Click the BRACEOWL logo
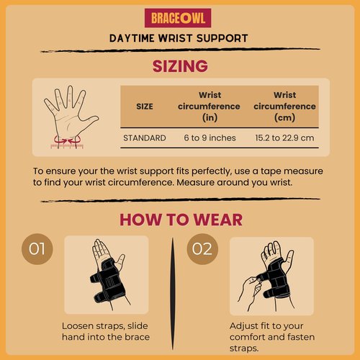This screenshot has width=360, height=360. click(x=178, y=18)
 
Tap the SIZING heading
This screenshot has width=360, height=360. click(x=180, y=66)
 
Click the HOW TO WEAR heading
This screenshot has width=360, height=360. click(x=181, y=220)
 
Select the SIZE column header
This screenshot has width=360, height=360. click(x=145, y=107)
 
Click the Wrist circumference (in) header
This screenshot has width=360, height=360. click(x=210, y=107)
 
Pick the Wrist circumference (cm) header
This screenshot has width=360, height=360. click(x=284, y=107)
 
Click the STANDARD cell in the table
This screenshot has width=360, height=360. click(x=145, y=138)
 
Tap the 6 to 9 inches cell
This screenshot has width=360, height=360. click(x=210, y=138)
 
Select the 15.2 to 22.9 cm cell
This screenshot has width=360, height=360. click(x=284, y=138)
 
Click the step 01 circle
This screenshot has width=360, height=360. click(x=37, y=249)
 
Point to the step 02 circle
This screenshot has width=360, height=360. click(x=202, y=249)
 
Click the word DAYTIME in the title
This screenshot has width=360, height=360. click(x=132, y=38)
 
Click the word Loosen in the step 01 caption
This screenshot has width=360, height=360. click(x=78, y=326)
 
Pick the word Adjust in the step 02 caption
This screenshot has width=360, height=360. click(x=243, y=326)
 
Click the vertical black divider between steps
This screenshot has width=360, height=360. click(x=172, y=293)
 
